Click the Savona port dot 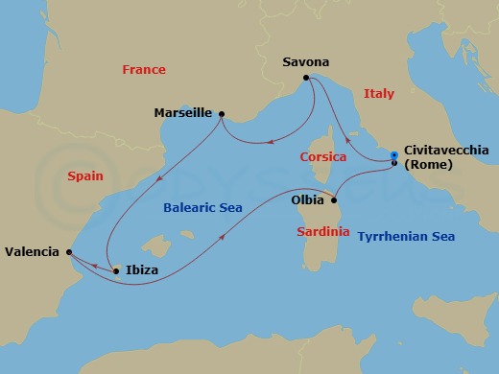pos(306,78)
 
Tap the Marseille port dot pos(222,114)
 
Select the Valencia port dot pos(69,252)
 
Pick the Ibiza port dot pos(116,271)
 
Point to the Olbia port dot pos(333,200)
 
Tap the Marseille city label pos(182,113)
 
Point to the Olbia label pos(306,201)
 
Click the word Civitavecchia pos(447,151)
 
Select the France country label pos(144,70)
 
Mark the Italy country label pos(379,93)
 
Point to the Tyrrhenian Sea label pos(405,236)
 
